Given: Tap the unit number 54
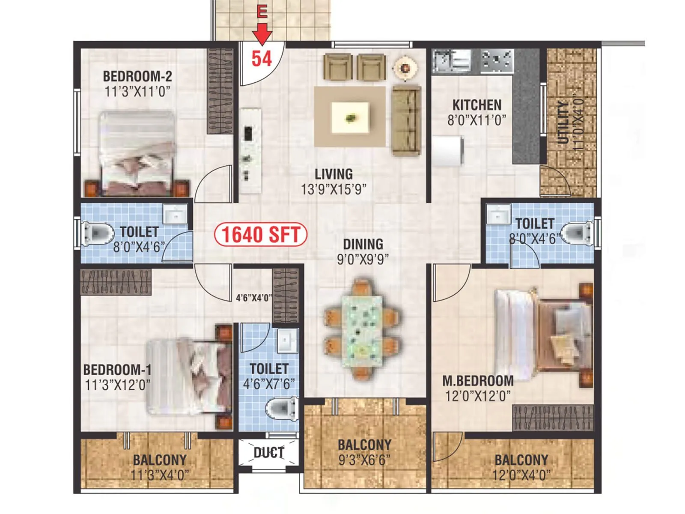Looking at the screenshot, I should coord(262,59).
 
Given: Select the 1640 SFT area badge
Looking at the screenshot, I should coord(260,234).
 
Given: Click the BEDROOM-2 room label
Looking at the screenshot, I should coord(137,76).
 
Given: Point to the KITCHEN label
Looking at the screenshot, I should coord(477,105).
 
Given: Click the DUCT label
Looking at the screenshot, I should coord(269,453).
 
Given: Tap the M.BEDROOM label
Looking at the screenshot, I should coord(478,381).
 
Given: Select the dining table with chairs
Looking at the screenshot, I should coord(362,329).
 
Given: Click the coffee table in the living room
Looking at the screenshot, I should coord(351,117).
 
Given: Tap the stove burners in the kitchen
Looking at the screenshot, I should coord(497,60).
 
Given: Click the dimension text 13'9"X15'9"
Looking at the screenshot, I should coord(334,189).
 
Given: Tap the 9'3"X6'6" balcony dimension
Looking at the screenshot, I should coord(364,460).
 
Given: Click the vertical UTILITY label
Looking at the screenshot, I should coord(563,123).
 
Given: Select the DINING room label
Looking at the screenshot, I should coord(363,244).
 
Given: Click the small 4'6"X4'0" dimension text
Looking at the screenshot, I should coord(253,298).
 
